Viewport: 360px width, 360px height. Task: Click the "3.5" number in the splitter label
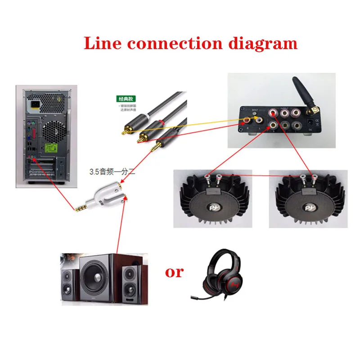tap(94, 171)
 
